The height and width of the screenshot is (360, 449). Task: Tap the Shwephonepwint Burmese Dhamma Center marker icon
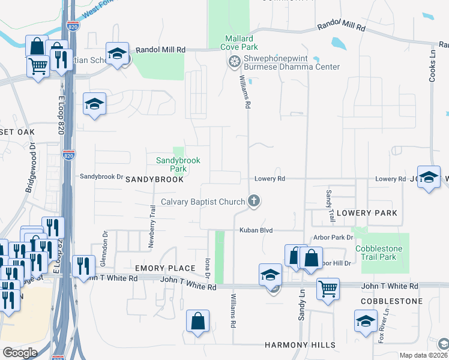click(234, 61)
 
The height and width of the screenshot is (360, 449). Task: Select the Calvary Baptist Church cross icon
click(254, 201)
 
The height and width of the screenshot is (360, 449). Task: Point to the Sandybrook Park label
click(178, 164)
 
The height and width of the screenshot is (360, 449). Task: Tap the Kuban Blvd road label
click(256, 230)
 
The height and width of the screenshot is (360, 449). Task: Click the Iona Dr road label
click(207, 268)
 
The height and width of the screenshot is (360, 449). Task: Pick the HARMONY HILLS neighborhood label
click(300, 346)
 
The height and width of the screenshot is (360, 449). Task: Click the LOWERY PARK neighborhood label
click(367, 213)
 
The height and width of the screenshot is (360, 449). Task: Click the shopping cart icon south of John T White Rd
click(328, 289)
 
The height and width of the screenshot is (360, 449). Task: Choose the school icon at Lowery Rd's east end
click(429, 176)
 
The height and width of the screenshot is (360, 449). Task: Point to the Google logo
click(20, 353)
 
